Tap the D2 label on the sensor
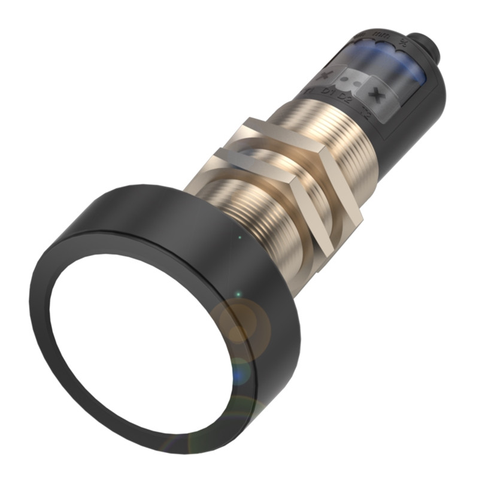pyautogui.click(x=345, y=97)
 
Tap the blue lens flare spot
pyautogui.click(x=241, y=371)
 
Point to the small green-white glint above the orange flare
pyautogui.click(x=238, y=295)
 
